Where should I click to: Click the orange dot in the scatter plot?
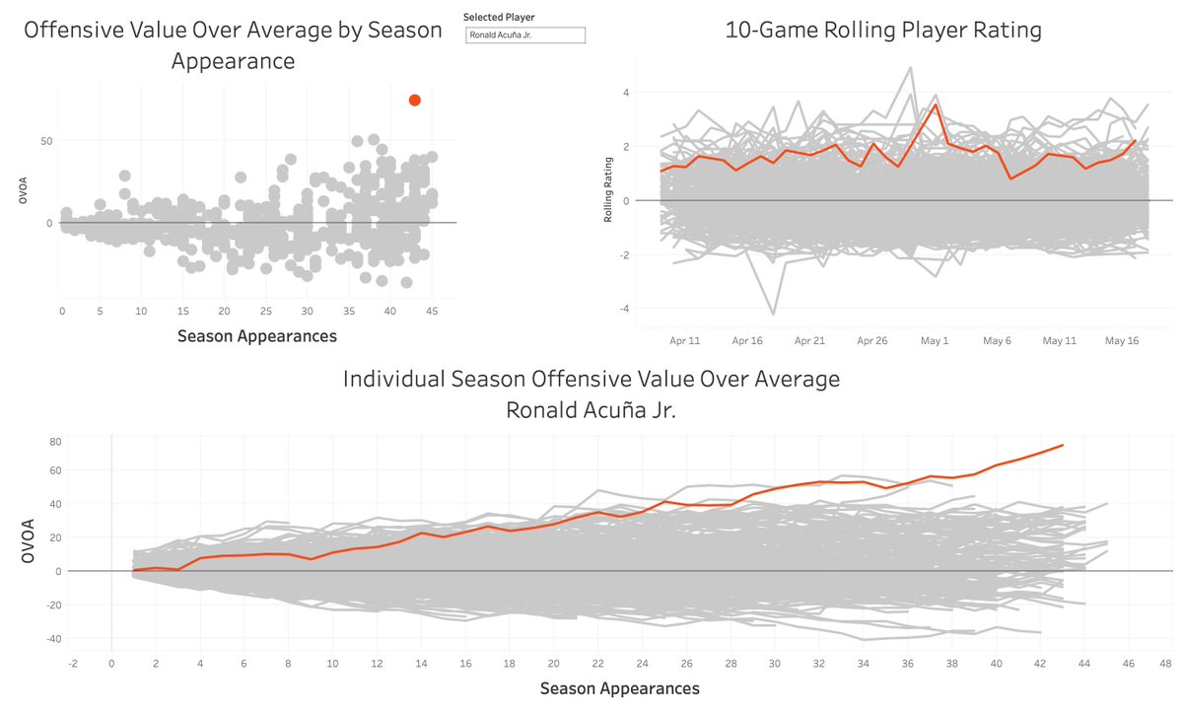[415, 100]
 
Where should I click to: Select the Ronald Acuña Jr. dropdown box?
[525, 36]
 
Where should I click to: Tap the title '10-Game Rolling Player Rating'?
[882, 31]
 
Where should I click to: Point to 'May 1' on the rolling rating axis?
[934, 340]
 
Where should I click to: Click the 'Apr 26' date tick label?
[871, 340]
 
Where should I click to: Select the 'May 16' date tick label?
[1121, 340]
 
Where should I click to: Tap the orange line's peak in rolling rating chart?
[936, 105]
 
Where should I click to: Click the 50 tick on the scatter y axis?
[44, 142]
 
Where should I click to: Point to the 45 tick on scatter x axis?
[431, 312]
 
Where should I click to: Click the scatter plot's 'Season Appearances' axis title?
[256, 336]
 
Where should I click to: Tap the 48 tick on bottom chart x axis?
[1165, 664]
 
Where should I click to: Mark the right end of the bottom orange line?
[1063, 445]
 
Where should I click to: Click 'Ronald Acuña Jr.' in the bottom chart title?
[591, 409]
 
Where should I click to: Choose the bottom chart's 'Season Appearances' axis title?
[619, 688]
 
